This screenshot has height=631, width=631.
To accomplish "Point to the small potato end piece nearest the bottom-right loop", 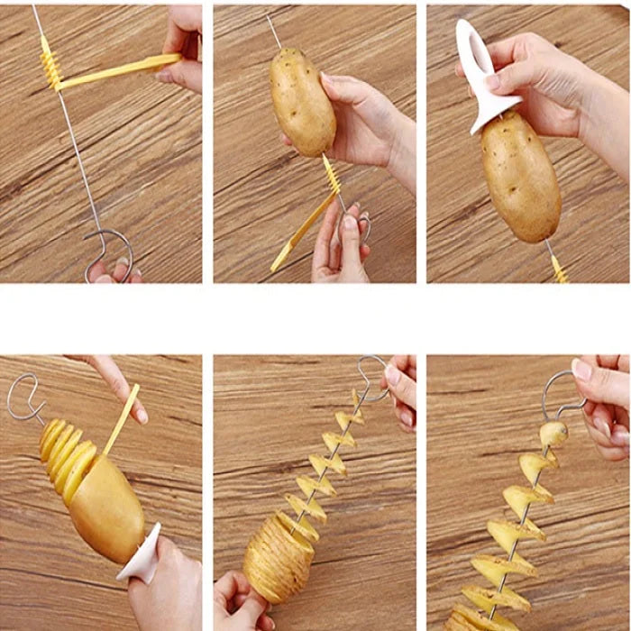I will pos(553,434).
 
